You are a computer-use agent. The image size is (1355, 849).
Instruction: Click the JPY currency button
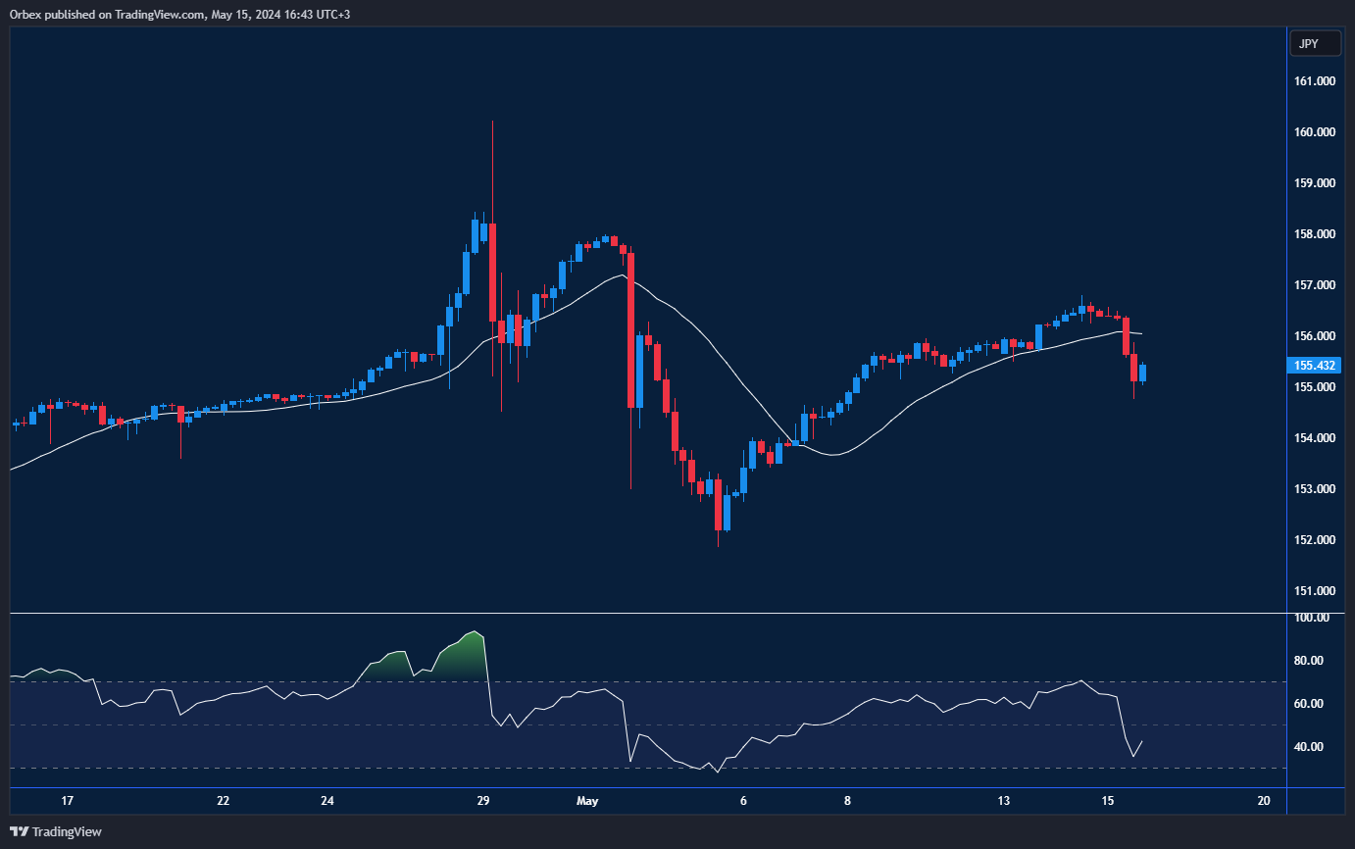[1309, 44]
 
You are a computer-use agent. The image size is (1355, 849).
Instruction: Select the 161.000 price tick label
[1315, 81]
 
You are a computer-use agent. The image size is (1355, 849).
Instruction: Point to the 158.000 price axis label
[1315, 234]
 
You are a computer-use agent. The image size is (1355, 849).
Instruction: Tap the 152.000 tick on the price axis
[1315, 540]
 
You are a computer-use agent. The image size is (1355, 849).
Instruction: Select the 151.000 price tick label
[1315, 591]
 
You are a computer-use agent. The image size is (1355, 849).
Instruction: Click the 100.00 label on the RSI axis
[1311, 618]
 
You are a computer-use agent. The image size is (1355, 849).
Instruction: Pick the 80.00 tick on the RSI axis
[1309, 661]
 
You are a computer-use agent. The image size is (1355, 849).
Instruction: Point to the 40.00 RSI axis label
[1309, 747]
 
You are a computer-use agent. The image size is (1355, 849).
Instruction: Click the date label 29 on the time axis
[483, 801]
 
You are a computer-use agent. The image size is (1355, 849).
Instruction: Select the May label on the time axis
[587, 801]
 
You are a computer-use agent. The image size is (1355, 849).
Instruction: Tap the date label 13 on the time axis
[1004, 801]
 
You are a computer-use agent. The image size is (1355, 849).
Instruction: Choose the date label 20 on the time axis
[1264, 801]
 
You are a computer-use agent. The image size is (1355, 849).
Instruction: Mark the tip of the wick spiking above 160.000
[492, 122]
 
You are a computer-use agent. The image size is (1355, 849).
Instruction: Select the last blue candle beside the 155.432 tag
[1142, 373]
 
